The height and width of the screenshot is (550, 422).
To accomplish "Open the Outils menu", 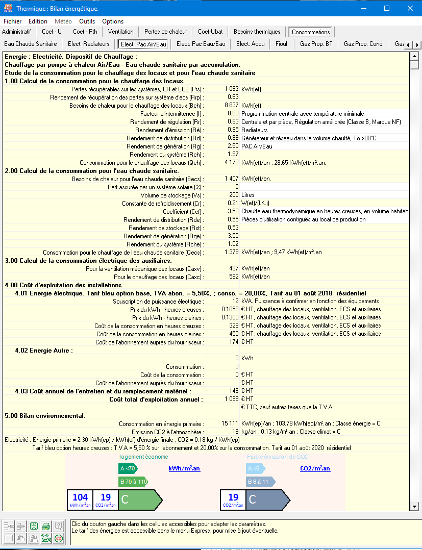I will point(87,21).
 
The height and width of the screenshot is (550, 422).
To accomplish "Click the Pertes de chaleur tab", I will point(165,32).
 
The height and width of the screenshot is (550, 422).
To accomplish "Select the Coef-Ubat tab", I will point(210,32).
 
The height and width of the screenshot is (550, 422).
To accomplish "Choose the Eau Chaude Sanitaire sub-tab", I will point(31,44).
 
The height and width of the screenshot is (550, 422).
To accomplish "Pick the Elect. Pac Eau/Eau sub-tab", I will point(201,44).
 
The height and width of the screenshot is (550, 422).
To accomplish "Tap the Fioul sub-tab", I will point(281,44).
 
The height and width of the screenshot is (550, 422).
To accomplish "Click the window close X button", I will point(410,8).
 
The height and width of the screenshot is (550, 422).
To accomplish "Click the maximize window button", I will point(387,8).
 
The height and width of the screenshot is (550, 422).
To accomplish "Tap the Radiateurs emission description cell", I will point(255,130).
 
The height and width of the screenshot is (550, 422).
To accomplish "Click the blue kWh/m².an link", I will point(184,468).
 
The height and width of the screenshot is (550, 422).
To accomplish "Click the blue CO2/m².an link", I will point(315,468).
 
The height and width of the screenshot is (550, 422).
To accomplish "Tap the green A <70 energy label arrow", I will point(128,468).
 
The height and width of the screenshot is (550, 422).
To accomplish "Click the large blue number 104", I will point(80,497).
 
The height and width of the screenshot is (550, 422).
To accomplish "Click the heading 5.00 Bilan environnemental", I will point(45,415).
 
